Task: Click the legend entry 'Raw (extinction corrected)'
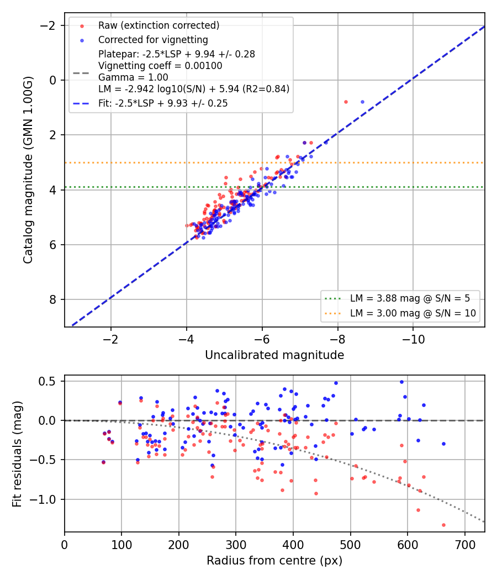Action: click(x=158, y=25)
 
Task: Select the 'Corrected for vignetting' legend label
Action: click(x=153, y=40)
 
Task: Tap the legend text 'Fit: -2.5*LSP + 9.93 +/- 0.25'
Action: click(x=163, y=103)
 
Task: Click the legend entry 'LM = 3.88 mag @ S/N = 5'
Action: click(x=410, y=298)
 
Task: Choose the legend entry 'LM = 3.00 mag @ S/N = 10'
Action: click(x=413, y=313)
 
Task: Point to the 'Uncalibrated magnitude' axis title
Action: click(x=274, y=355)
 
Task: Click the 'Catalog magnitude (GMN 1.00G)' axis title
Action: click(x=28, y=170)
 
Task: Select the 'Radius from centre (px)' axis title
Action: click(x=274, y=561)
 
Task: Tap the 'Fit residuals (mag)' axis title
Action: click(x=17, y=454)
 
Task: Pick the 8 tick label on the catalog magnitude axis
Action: click(x=53, y=299)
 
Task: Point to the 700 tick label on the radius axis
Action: click(x=464, y=545)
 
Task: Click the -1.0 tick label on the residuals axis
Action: click(x=43, y=499)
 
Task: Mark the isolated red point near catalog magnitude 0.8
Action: click(x=346, y=102)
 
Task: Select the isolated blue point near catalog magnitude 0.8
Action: click(x=362, y=102)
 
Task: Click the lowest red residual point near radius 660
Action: click(x=443, y=525)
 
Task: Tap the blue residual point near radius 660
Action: click(x=444, y=444)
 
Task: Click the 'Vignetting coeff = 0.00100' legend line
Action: click(x=160, y=66)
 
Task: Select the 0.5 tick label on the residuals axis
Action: click(x=47, y=381)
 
